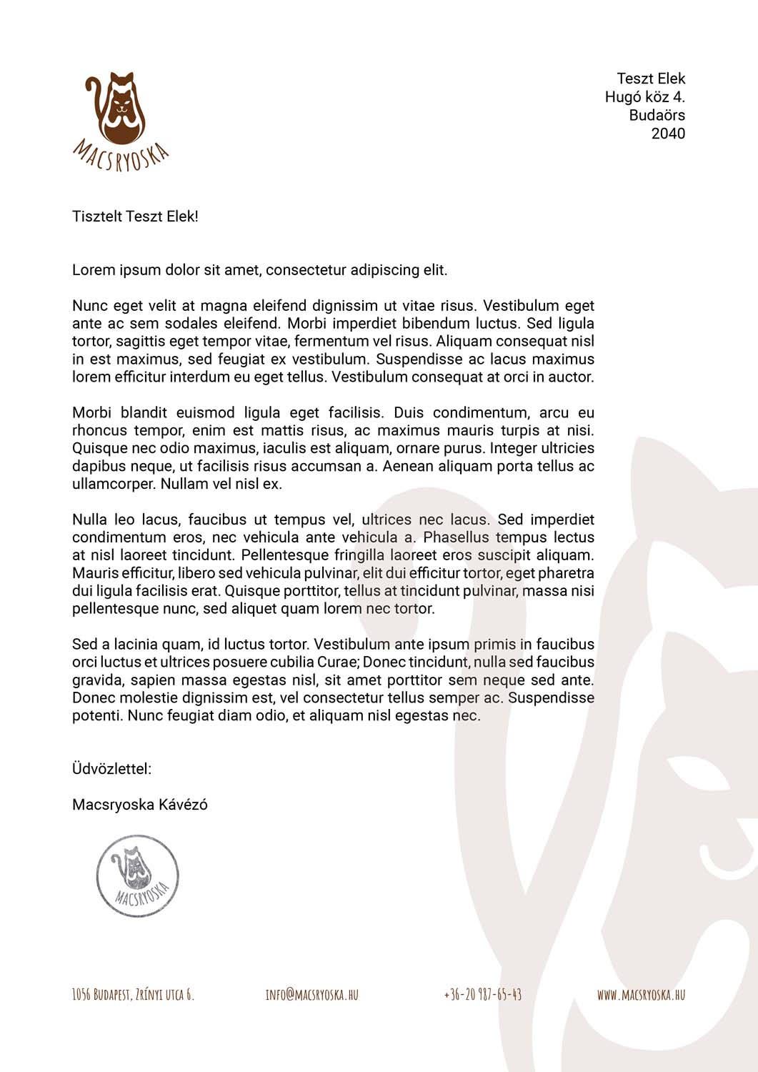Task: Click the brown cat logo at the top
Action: [x=116, y=107]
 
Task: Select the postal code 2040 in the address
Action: [x=667, y=134]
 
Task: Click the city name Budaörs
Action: [x=657, y=115]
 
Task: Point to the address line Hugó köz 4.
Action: [x=644, y=97]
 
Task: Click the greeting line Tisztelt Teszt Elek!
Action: [x=135, y=217]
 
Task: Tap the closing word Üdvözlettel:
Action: [x=111, y=769]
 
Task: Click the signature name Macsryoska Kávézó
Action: [x=140, y=805]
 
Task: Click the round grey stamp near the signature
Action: [x=137, y=875]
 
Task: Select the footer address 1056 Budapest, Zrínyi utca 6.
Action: [x=133, y=994]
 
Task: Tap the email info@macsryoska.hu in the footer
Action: [x=311, y=994]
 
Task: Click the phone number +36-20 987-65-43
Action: [x=482, y=994]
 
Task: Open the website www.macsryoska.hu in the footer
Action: [x=641, y=994]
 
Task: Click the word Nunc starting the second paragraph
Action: [x=90, y=306]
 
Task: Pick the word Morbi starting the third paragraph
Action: [x=92, y=413]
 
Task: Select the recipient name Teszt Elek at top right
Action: [x=650, y=79]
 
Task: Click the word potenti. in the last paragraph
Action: [x=97, y=715]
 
